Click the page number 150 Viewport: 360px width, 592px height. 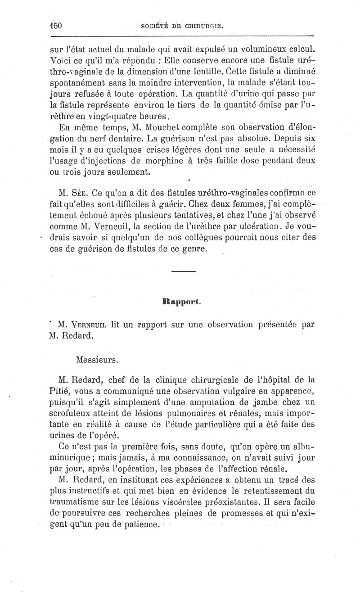pos(56,26)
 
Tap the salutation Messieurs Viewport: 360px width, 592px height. pos(97,360)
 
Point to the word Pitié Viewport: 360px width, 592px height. pos(58,390)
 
